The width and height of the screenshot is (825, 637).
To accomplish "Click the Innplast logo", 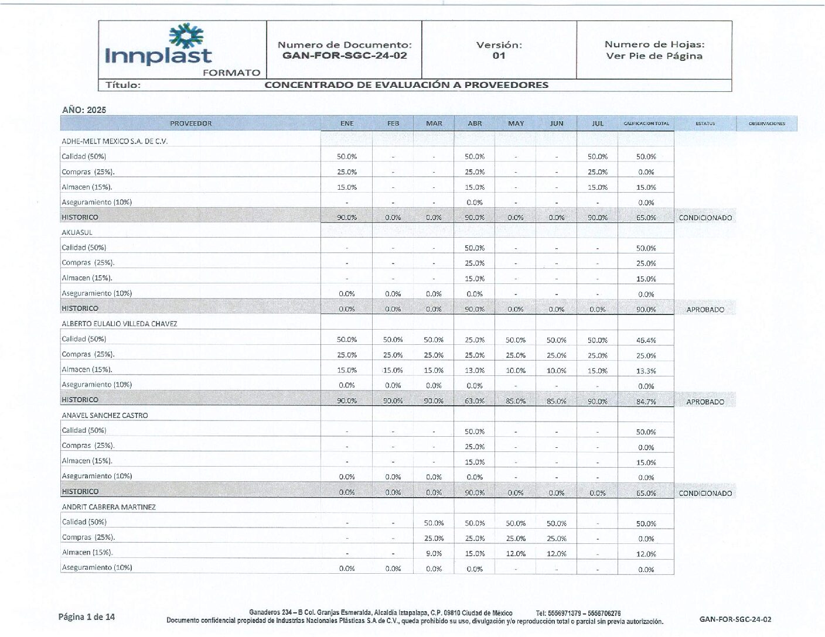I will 158,46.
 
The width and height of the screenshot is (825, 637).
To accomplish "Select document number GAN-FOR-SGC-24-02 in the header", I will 345,56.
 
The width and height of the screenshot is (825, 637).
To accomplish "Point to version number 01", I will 499,56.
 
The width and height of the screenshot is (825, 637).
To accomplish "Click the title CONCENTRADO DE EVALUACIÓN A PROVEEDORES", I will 406,85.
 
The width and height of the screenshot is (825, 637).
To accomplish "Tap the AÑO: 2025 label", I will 84,110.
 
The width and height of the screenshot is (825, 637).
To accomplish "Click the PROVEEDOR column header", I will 190,124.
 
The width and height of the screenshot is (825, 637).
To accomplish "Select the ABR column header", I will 475,124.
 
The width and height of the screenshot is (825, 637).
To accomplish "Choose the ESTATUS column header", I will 705,124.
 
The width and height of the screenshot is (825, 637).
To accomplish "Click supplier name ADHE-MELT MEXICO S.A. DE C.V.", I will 115,141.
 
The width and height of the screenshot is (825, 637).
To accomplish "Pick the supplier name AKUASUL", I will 77,232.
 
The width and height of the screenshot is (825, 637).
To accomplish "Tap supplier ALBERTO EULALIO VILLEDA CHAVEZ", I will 120,324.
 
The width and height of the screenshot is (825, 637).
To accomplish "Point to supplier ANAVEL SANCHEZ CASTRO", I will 105,415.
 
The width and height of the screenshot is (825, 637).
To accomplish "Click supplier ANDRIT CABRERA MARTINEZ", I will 109,507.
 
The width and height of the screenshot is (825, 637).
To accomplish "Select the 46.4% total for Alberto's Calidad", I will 646,340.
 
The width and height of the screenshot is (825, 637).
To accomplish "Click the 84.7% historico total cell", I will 646,402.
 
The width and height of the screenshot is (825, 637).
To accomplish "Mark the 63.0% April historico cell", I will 475,401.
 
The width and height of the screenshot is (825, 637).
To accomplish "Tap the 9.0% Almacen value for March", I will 434,553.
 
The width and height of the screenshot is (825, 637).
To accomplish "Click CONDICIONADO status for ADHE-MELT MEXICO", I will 705,218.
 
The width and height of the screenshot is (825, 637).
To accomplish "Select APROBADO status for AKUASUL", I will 705,310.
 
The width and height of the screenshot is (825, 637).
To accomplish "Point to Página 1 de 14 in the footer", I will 87,617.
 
